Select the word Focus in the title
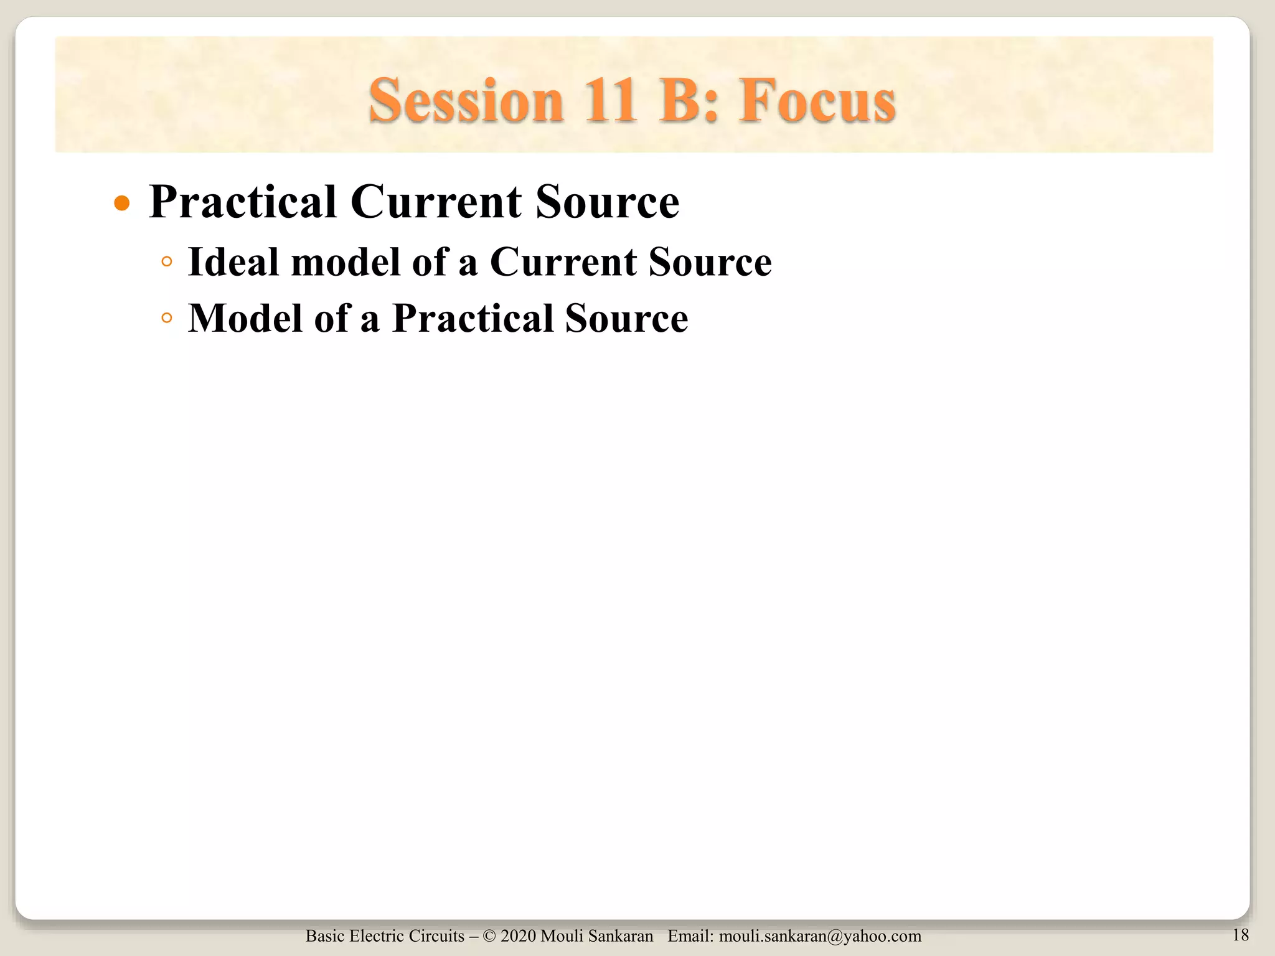[x=817, y=101]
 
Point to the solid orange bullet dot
[x=123, y=204]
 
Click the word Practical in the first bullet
[x=243, y=202]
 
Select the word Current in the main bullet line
[x=436, y=202]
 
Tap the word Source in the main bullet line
[x=607, y=202]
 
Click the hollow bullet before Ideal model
[x=166, y=262]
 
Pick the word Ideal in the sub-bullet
[x=233, y=261]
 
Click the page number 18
[x=1240, y=935]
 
